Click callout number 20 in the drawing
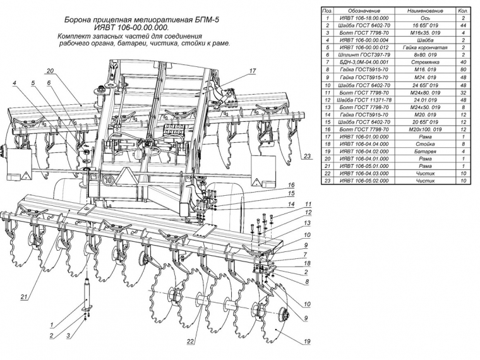point(49,70)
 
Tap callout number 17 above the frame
point(252,71)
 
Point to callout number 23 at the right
point(307,156)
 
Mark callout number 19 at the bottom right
point(307,342)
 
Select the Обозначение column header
point(364,11)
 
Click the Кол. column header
point(463,11)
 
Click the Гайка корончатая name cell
point(419,47)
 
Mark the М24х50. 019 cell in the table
point(419,107)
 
